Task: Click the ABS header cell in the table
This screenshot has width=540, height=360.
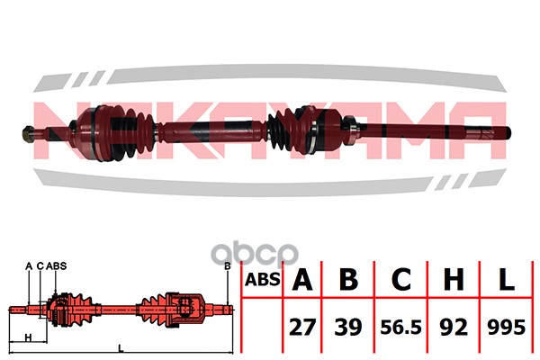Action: [x=263, y=279]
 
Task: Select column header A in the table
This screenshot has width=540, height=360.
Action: [x=302, y=279]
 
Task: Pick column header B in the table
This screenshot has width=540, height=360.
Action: [x=348, y=279]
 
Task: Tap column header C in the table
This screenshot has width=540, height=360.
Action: [x=401, y=279]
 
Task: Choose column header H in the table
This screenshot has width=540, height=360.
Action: [x=454, y=279]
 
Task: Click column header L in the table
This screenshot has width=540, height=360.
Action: [x=506, y=279]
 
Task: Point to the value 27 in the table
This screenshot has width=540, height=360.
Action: [x=302, y=327]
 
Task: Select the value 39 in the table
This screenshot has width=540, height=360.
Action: [x=348, y=327]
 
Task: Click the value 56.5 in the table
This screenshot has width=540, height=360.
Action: [x=400, y=327]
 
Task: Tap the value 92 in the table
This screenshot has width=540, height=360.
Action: [x=454, y=327]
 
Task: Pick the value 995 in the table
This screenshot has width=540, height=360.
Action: [x=506, y=327]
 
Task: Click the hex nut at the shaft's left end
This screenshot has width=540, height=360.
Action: [x=28, y=132]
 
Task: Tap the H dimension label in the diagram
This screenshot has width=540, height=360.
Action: [x=28, y=337]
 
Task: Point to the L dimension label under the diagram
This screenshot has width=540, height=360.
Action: [x=121, y=348]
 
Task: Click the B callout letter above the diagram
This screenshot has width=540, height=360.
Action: [x=227, y=266]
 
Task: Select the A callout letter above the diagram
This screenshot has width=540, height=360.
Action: [x=29, y=266]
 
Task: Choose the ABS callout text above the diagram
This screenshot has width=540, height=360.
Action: [x=56, y=266]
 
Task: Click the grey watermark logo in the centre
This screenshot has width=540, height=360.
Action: [x=255, y=255]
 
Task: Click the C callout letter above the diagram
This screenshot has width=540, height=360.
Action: [x=40, y=266]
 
